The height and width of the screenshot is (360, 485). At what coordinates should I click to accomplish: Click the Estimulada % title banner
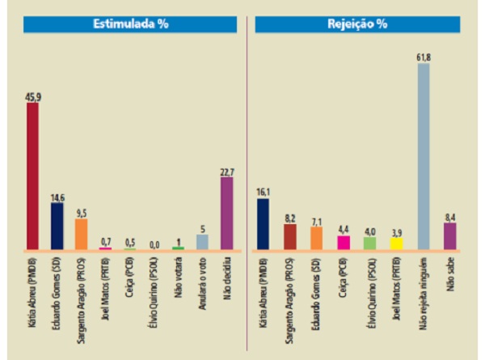click(129, 24)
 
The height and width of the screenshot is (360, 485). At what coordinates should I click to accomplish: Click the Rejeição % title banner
click(356, 24)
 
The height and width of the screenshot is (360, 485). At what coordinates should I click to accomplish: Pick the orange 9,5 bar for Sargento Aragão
click(81, 234)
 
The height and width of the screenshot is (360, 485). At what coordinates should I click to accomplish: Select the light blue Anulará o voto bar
click(202, 242)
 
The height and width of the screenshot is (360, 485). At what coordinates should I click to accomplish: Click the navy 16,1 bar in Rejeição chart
click(263, 223)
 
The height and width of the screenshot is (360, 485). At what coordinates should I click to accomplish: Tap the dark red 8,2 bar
click(289, 236)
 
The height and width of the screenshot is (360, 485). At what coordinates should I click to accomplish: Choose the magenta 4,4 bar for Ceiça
click(343, 242)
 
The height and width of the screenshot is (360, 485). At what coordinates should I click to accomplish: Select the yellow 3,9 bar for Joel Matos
click(397, 243)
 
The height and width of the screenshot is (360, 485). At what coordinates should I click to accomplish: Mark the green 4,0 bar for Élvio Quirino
click(370, 243)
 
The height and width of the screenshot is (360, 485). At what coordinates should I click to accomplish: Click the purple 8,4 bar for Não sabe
click(450, 235)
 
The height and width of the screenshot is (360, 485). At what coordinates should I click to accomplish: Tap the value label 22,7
click(226, 171)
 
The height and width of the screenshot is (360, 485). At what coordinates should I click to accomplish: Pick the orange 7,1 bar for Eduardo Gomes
click(316, 238)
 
